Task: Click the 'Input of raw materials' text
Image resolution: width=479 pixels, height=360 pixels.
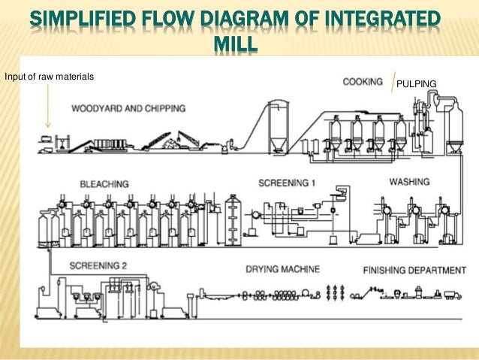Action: point(44,77)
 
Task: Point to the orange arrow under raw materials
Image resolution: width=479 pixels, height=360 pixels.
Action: point(47,105)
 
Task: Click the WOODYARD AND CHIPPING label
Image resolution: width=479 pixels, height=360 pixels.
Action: point(128,109)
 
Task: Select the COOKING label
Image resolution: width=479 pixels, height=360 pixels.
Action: point(363,81)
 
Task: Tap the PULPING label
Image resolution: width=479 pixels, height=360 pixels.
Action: point(416,83)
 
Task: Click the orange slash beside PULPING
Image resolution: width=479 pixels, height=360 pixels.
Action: point(393,81)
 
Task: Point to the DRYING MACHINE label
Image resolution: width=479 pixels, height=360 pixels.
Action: point(282,268)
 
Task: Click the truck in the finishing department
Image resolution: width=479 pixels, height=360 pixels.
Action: point(452,295)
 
